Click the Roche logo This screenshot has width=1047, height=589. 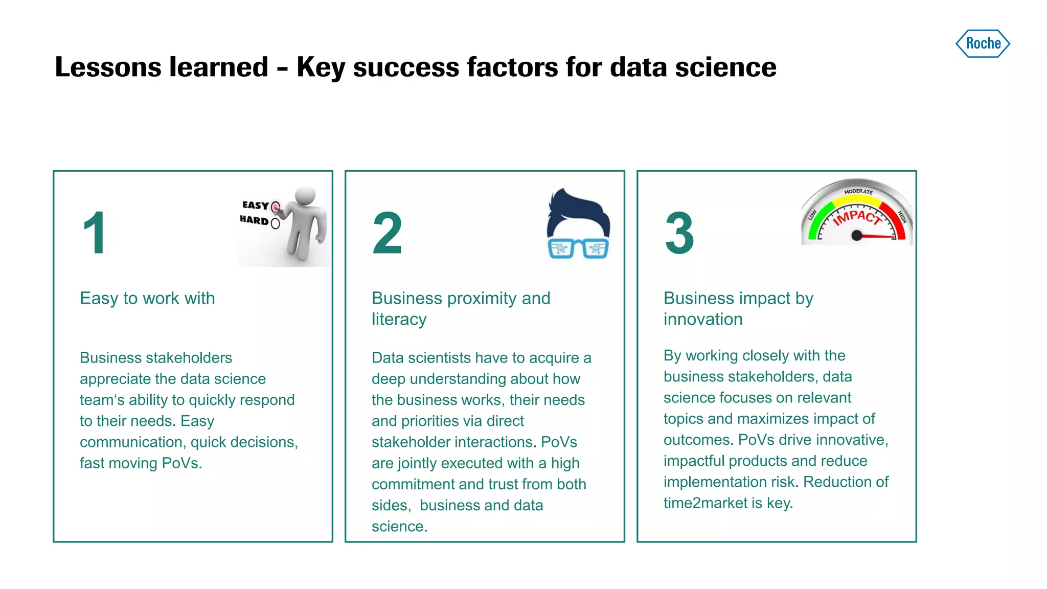click(983, 43)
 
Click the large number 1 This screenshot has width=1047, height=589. click(95, 233)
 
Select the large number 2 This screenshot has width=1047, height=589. click(387, 233)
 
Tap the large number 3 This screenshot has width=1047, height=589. click(679, 233)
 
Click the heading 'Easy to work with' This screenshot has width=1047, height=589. click(147, 298)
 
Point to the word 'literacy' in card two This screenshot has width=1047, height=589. click(399, 320)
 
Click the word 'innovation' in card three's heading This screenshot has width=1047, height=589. click(703, 320)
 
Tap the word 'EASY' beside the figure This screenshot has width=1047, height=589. click(255, 205)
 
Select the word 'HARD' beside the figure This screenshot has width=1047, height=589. click(254, 220)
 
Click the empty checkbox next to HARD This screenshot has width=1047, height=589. click(275, 223)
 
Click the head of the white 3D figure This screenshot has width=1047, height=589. click(305, 195)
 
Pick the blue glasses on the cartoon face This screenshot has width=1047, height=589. click(578, 248)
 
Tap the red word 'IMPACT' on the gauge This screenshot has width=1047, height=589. click(857, 217)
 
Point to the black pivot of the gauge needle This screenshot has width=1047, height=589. click(857, 236)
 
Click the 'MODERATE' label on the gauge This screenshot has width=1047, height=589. click(858, 192)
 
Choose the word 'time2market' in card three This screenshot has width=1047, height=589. click(705, 503)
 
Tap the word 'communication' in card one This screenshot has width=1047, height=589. click(131, 442)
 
